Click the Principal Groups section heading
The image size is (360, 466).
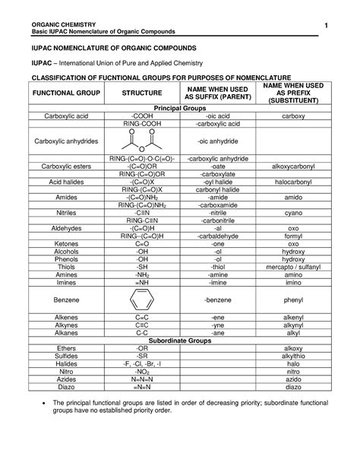click(180, 109)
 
